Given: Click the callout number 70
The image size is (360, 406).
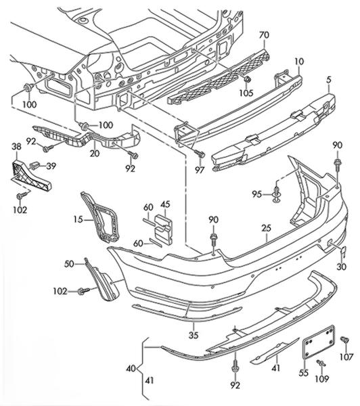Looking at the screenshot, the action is click(264, 35).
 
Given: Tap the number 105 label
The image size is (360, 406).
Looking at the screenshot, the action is click(246, 93).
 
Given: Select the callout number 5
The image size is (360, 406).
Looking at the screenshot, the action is click(329, 80).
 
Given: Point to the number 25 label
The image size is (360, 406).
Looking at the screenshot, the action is click(266, 228).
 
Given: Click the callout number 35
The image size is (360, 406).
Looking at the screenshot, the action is click(194, 336).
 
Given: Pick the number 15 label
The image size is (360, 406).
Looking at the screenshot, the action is click(78, 219).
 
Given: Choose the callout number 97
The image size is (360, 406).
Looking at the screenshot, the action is click(200, 170).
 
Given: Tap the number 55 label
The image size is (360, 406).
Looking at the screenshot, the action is click(304, 373).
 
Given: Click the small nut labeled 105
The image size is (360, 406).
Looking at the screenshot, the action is click(248, 79).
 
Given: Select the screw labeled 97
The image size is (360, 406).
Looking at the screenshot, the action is click(200, 154).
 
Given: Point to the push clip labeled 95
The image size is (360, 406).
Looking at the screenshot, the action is click(277, 194).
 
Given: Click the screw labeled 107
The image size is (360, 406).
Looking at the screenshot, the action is click(344, 340).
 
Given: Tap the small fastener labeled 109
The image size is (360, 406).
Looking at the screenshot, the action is click(321, 363).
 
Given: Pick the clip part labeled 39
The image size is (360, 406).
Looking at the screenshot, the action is click(34, 165).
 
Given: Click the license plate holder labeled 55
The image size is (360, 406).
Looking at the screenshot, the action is click(319, 342).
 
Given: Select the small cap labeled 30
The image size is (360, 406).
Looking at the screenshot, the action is click(343, 252).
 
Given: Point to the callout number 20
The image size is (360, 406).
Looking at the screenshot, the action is click(95, 154).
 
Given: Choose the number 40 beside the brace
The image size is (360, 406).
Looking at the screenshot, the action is click(131, 368).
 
